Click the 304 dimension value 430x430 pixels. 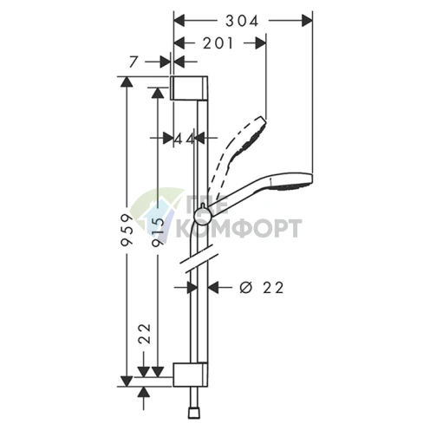[x=242, y=21]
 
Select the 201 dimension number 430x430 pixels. [x=218, y=43]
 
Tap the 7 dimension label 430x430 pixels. [x=133, y=62]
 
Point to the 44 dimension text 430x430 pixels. [x=185, y=140]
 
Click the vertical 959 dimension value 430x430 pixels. [x=127, y=230]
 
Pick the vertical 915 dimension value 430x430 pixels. [x=158, y=231]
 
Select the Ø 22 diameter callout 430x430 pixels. [x=262, y=288]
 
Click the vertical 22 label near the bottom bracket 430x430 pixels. [x=145, y=333]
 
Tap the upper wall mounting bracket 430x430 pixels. [x=188, y=88]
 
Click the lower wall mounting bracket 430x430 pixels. [x=190, y=375]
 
